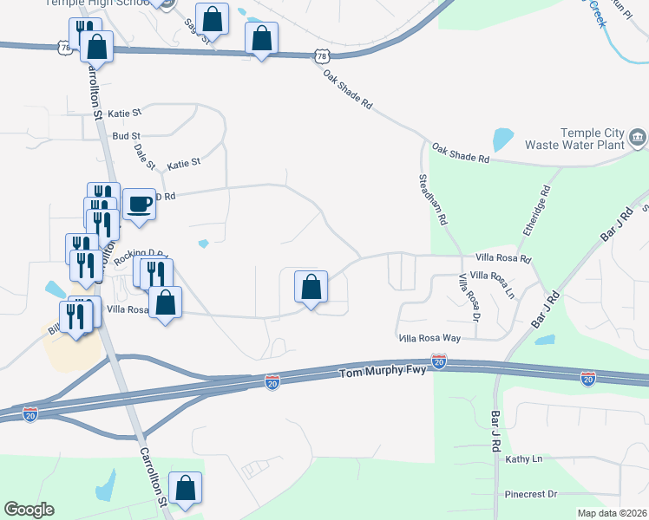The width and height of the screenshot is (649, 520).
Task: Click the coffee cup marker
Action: [x=139, y=205]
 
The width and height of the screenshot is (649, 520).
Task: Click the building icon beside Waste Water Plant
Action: [x=638, y=136]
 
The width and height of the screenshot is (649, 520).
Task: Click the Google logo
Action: [x=29, y=510]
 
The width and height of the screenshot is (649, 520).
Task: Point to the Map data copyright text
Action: [x=611, y=513]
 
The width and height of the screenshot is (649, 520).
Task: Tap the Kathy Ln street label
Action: [x=523, y=458]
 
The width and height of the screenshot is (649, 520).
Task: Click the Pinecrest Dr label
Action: [x=530, y=494]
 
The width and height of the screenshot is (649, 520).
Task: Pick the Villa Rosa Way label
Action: [x=429, y=337]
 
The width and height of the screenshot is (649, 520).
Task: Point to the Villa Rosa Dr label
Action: [x=469, y=296]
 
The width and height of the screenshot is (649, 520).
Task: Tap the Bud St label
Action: [x=126, y=136]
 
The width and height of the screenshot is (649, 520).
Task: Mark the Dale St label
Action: [x=145, y=156]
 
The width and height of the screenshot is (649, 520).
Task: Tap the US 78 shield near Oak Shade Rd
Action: [x=322, y=55]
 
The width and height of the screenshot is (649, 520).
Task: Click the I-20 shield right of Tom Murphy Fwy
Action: [x=439, y=361]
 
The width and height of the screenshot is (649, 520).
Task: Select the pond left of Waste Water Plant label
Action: [x=502, y=139]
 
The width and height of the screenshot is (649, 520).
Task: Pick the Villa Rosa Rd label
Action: [x=502, y=258]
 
